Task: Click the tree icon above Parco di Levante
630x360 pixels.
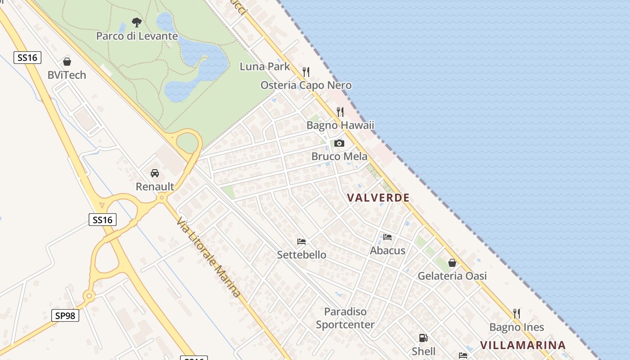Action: point(137,22)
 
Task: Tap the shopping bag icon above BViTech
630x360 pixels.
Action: point(67,62)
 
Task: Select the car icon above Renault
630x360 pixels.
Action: point(155,173)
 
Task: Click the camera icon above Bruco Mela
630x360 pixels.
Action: point(339,144)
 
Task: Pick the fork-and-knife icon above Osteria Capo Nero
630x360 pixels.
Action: point(306,72)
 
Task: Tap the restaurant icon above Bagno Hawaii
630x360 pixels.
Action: point(340,112)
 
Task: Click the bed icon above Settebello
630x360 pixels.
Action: point(301,242)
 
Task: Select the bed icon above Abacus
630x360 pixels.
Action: point(387,237)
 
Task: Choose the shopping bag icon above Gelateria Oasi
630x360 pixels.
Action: point(452,263)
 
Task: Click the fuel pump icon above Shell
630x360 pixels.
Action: point(423,338)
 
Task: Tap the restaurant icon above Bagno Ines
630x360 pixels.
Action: point(517,314)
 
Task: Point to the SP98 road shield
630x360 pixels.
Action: point(65,315)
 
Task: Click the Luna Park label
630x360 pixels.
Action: point(265,67)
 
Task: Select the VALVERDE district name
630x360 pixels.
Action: point(378,198)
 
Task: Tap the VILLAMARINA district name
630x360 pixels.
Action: point(522,345)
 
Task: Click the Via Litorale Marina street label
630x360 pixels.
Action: point(208,257)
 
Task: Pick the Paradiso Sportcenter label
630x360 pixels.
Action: point(345,318)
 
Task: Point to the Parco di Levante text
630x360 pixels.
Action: point(137,36)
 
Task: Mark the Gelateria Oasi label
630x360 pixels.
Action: point(452,276)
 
